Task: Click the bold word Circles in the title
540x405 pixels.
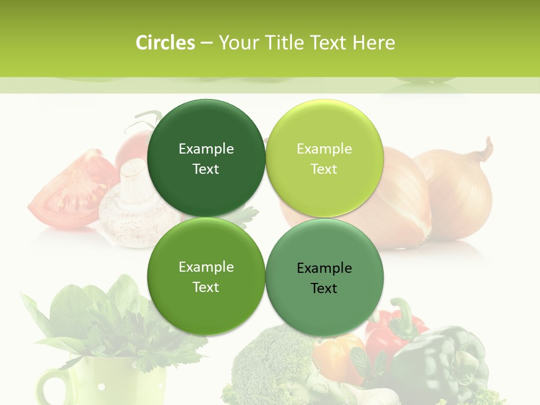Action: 165,43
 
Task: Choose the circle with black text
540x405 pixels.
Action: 325,277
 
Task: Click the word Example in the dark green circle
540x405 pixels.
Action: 206,148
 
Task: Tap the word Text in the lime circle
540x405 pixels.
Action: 324,169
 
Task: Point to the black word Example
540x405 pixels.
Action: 325,268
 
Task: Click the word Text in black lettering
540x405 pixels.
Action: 324,288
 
